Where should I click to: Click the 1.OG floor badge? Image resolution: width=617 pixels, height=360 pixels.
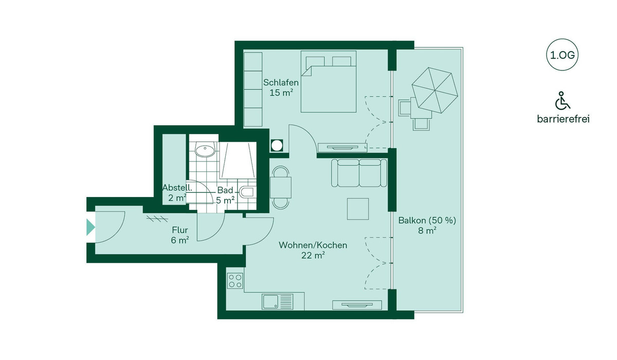point(562,55)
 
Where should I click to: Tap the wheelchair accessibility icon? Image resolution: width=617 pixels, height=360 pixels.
point(562,100)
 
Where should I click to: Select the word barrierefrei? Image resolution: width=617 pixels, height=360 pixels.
point(563,119)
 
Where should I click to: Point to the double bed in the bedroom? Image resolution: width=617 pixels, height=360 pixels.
point(329,82)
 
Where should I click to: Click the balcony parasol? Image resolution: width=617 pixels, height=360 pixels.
point(434,90)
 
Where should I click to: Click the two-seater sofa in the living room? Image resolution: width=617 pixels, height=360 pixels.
point(359,173)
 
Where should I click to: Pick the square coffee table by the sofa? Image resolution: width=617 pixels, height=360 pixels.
point(358,209)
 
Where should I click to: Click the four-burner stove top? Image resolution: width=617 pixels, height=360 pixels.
point(235,281)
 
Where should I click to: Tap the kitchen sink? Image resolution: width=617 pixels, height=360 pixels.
point(277,301)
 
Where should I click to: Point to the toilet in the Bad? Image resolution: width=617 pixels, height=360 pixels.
point(248,192)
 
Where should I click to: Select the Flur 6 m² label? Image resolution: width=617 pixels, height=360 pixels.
point(180,235)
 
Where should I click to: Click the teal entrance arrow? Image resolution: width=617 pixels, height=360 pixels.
point(90,227)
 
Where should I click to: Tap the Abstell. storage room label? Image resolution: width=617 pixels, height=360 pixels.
point(177,193)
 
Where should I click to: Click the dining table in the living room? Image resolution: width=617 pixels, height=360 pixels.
point(281,188)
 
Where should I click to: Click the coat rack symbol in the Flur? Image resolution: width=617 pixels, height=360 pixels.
point(157,219)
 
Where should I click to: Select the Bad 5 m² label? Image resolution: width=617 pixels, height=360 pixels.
point(225,195)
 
